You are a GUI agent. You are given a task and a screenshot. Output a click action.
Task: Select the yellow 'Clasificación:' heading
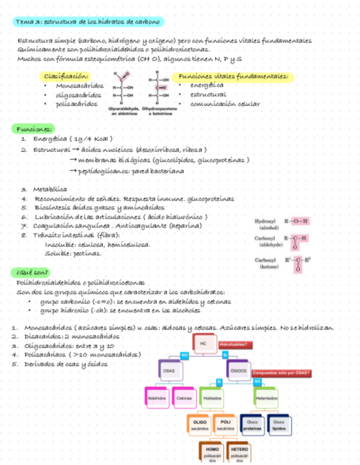pos(68,77)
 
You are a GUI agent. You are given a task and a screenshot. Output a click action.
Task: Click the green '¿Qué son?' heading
pos(33,273)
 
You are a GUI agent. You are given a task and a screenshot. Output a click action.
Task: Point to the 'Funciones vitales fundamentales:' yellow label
pos(233,77)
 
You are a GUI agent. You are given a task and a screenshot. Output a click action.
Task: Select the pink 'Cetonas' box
pos(184,398)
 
